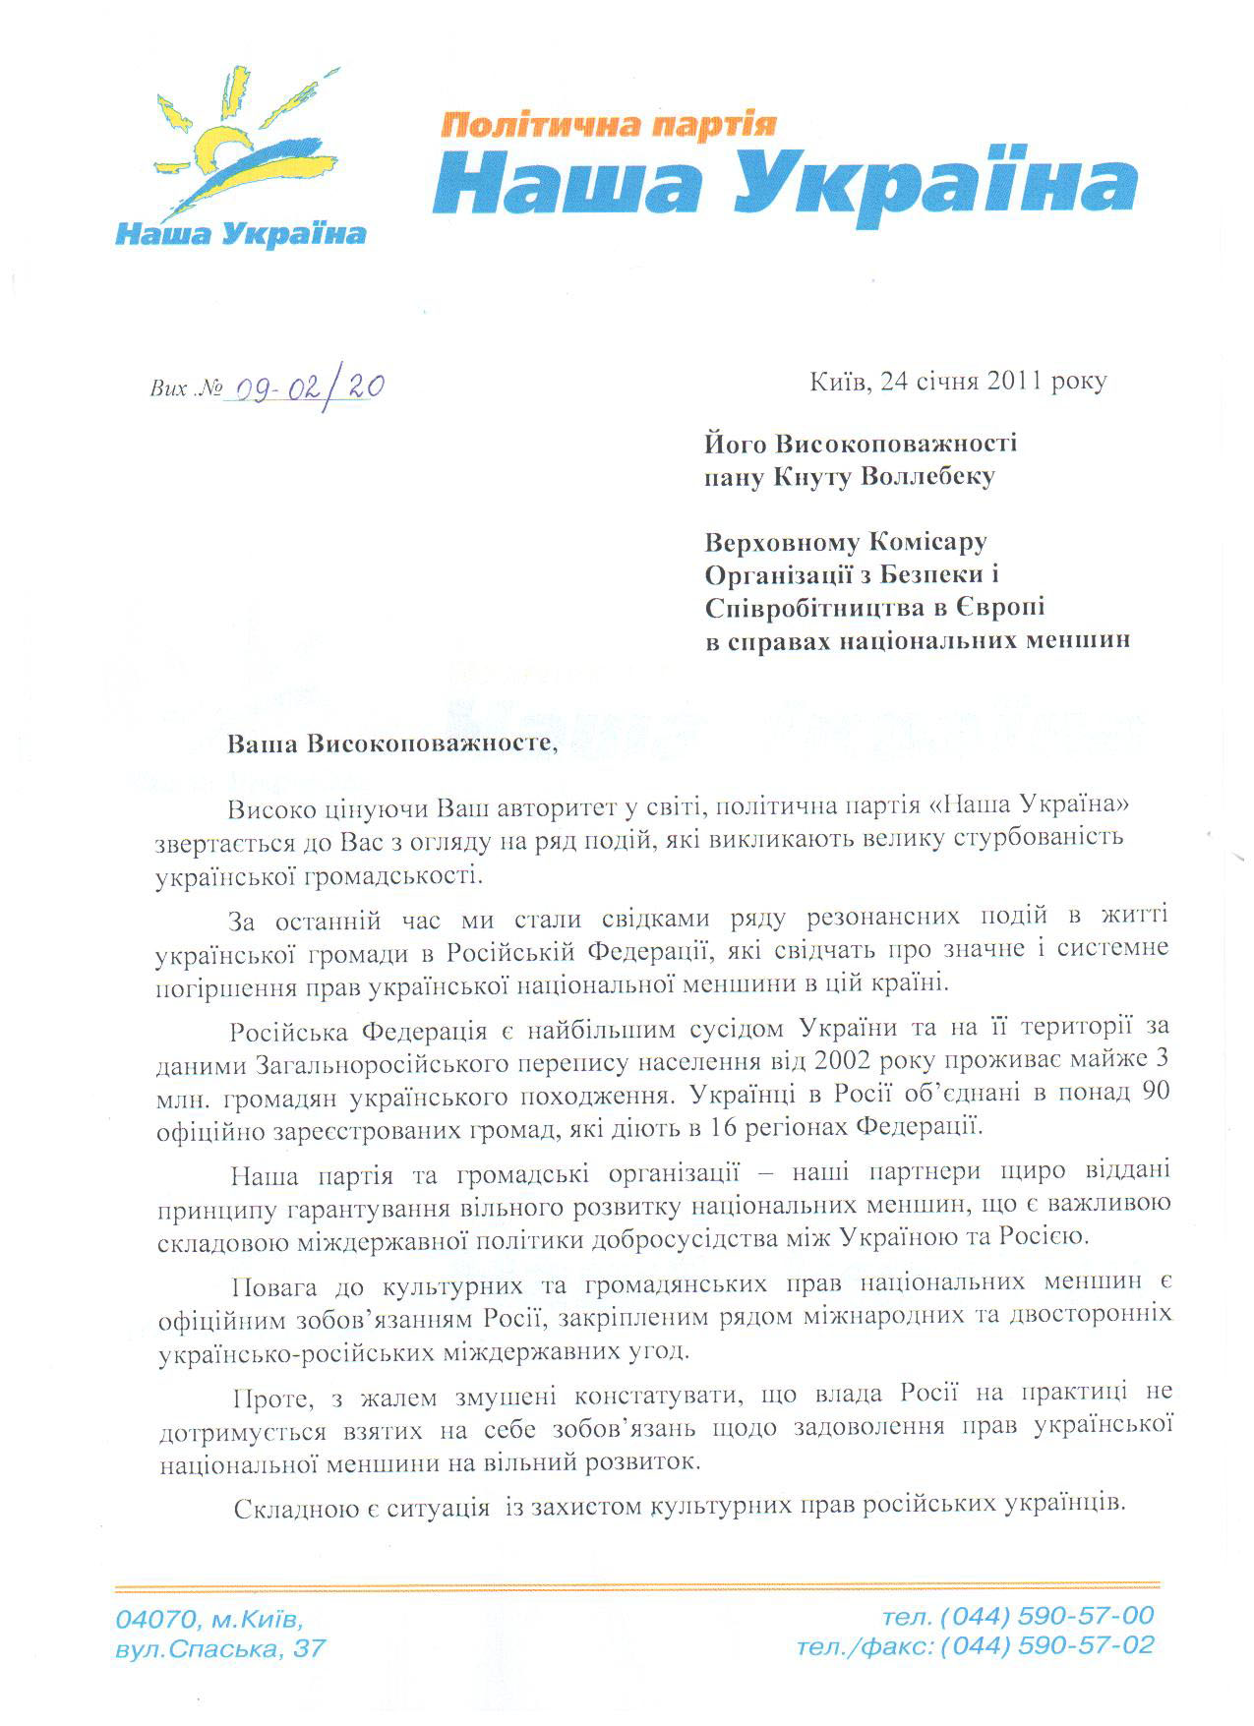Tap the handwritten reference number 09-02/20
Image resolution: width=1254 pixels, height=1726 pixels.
pos(304,387)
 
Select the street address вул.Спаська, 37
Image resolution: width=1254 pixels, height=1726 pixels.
pos(219,1648)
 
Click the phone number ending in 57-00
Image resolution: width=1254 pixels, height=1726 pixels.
pos(1046,1615)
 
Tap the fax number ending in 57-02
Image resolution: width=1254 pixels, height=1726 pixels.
pos(1046,1645)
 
